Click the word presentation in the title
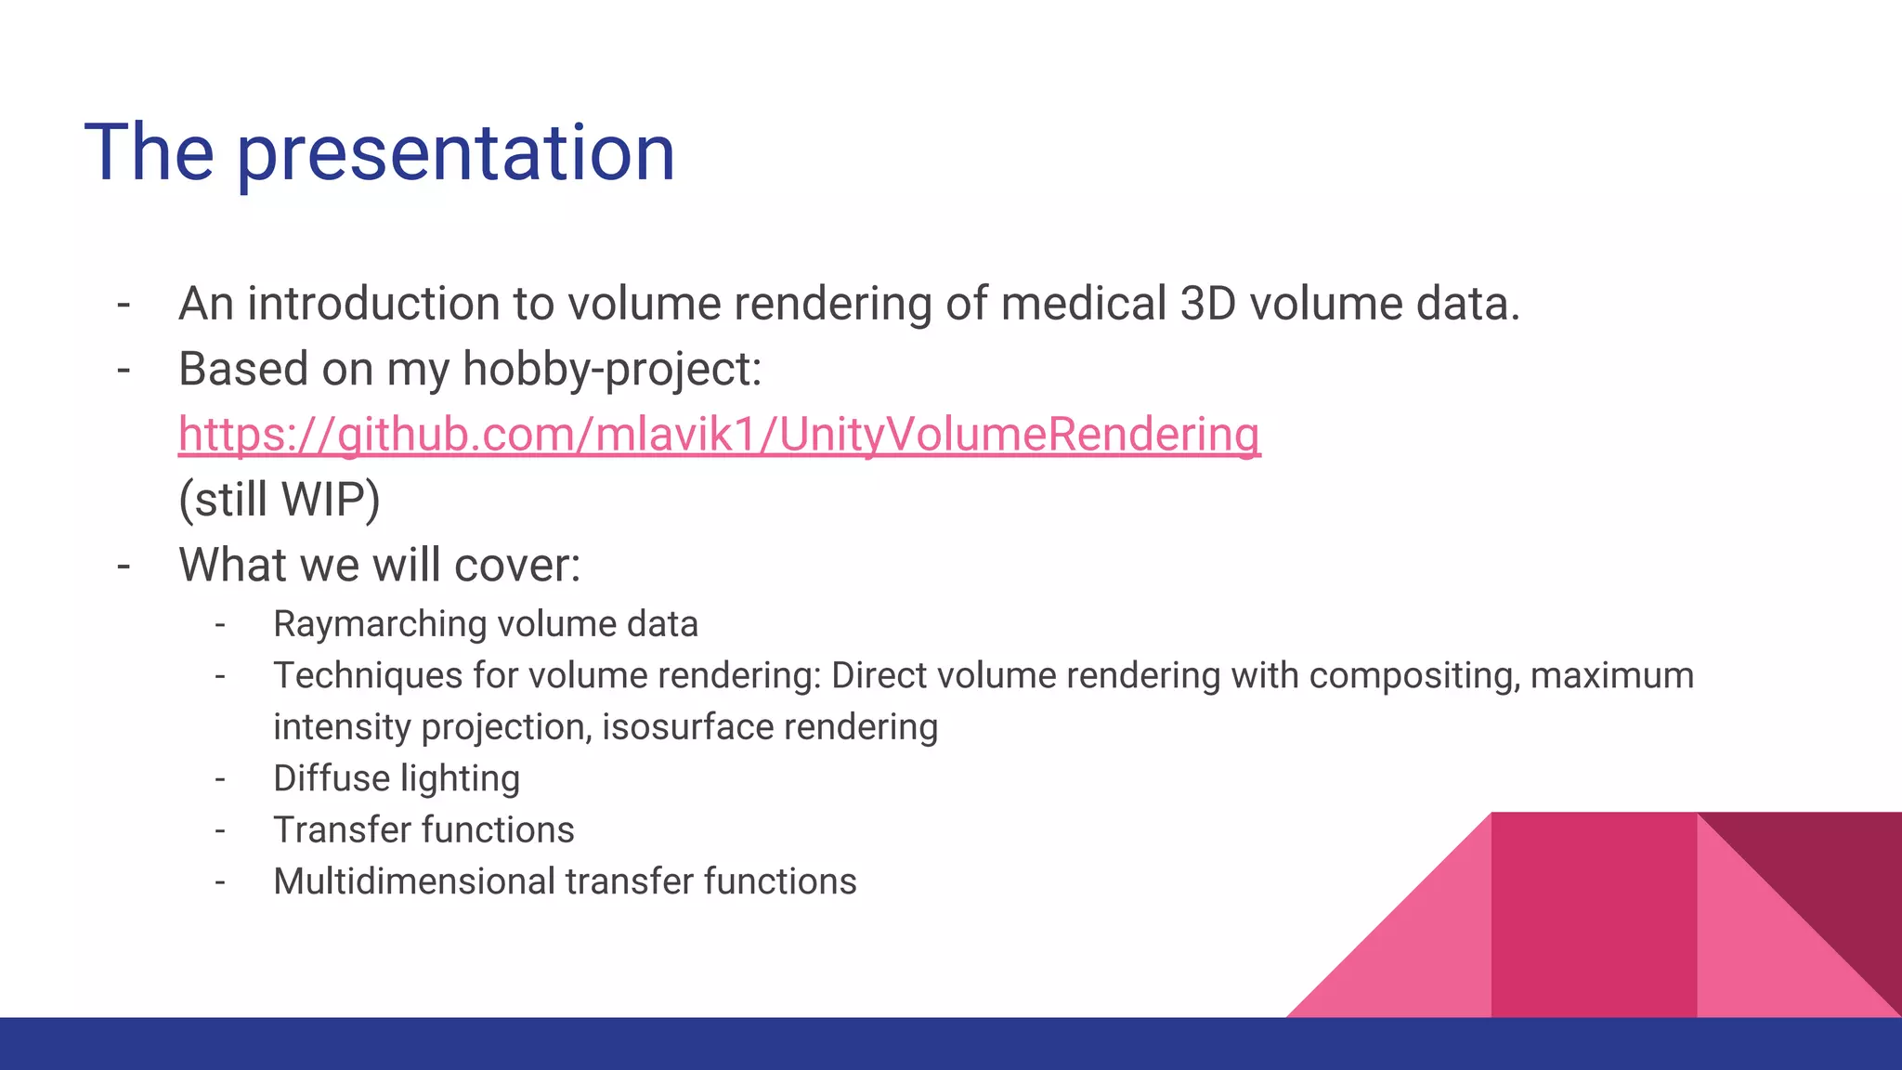(x=455, y=153)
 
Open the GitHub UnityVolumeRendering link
(x=719, y=435)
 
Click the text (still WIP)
(x=280, y=500)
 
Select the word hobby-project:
(x=611, y=370)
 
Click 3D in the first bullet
(x=1207, y=305)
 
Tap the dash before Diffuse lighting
(x=220, y=778)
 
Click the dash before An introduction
(x=124, y=305)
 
